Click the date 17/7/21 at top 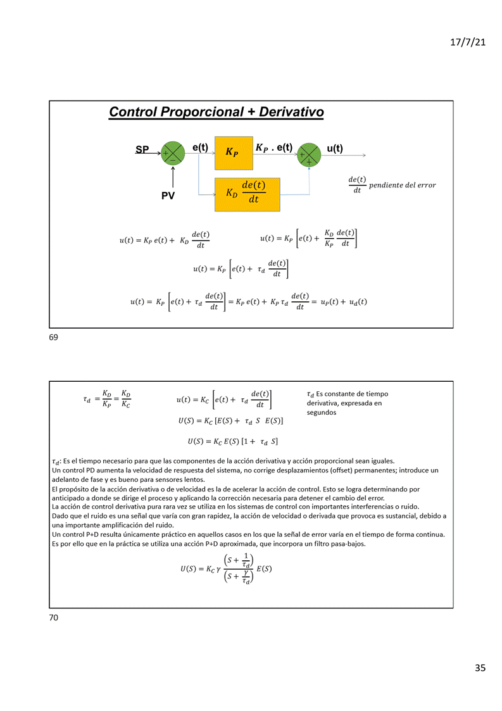467,42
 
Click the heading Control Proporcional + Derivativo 216,112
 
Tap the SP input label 142,150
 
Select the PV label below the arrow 168,196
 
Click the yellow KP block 233,153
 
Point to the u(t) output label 335,149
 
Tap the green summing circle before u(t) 309,154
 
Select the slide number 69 53,337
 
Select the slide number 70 53,617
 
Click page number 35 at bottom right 480,668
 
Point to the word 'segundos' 321,412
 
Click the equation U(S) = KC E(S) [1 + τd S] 232,441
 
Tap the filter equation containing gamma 226,569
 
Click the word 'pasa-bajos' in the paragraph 345,543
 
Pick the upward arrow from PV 173,177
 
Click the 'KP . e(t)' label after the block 273,148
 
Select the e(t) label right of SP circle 200,148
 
